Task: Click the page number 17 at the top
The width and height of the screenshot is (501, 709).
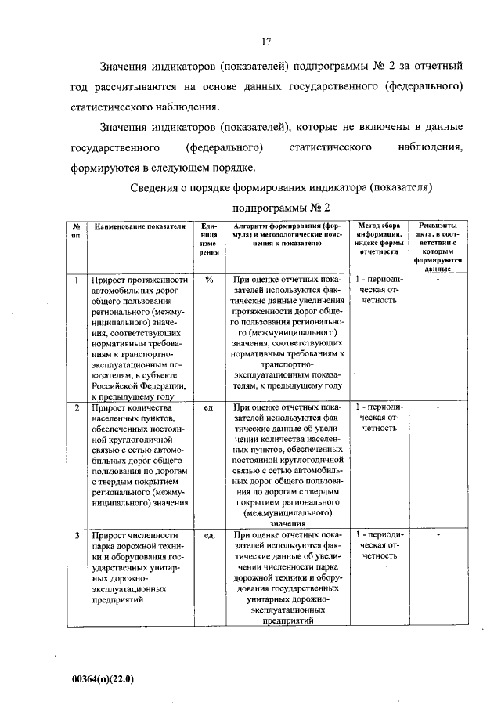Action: tap(266, 42)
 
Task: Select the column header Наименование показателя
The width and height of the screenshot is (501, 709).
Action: tap(139, 226)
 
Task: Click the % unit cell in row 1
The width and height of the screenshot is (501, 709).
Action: tap(209, 280)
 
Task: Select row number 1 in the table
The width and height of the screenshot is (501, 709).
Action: tap(76, 280)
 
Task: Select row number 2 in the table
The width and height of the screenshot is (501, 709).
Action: tap(76, 408)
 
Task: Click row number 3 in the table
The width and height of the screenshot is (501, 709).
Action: tap(76, 537)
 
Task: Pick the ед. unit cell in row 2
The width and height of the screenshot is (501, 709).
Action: tap(209, 408)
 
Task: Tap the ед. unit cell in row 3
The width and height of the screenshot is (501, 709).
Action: tap(209, 537)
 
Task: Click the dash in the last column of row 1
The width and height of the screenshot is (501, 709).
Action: tap(438, 280)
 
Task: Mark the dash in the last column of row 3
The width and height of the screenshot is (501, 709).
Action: tap(438, 537)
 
